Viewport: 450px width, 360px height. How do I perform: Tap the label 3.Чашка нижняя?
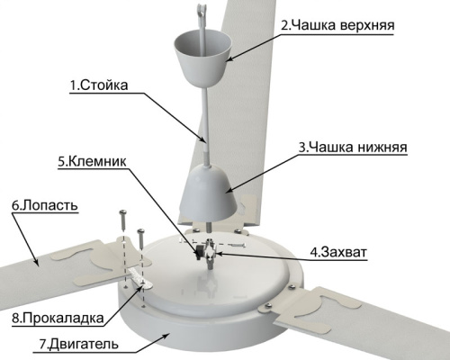point(354,145)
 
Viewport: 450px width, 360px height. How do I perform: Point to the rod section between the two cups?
point(203,126)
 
